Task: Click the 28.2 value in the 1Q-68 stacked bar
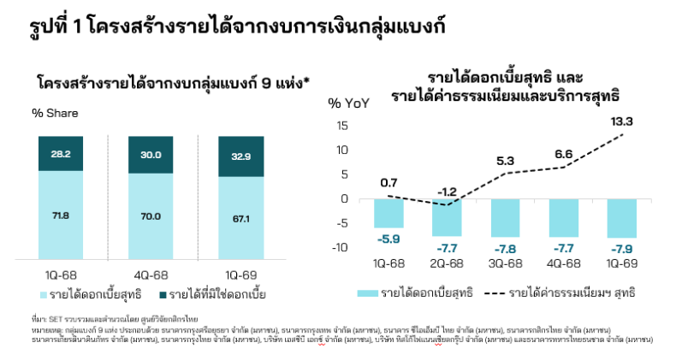60,154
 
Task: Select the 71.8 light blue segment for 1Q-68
60,216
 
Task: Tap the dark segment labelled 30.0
151,155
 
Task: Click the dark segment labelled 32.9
240,156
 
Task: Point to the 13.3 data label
623,121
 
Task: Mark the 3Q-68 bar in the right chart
505,217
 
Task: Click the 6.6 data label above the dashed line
564,155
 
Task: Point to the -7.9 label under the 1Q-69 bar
622,250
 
